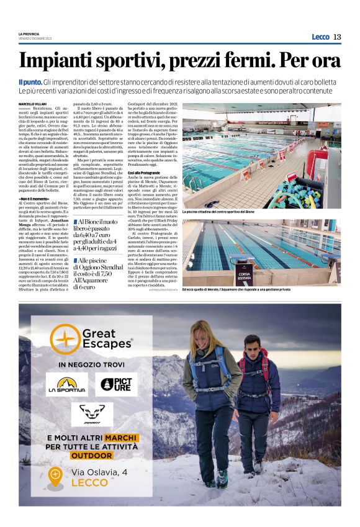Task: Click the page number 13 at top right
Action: [337, 37]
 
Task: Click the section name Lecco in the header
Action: [320, 37]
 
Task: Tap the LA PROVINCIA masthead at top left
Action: [29, 34]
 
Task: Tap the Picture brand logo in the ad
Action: [116, 384]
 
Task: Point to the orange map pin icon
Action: [55, 477]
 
